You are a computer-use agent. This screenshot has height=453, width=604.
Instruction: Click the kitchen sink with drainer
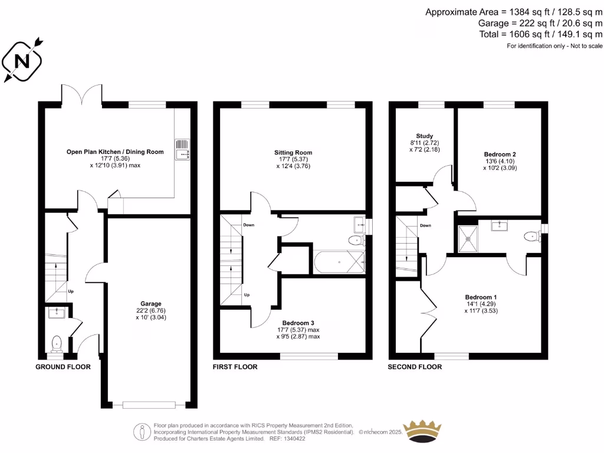pyautogui.click(x=183, y=150)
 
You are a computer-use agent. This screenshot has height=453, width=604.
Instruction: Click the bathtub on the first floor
pyautogui.click(x=339, y=261)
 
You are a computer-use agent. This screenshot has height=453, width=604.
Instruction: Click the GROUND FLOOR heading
pyautogui.click(x=63, y=367)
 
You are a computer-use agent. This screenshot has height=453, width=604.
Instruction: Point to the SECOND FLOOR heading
pyautogui.click(x=415, y=367)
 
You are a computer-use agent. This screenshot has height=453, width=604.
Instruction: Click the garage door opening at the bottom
pyautogui.click(x=149, y=405)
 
